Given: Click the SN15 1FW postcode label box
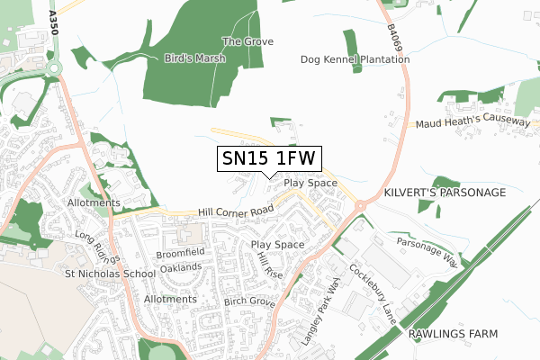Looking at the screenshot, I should point(269,158).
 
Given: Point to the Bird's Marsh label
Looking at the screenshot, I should point(194,58).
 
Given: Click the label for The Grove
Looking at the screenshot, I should point(241,41).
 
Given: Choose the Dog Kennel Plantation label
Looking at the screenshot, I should point(355,59).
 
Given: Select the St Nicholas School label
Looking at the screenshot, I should point(96,272).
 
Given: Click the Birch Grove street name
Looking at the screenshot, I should point(249,303).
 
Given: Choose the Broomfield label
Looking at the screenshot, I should point(182,252).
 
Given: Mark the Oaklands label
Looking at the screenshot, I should point(180,267).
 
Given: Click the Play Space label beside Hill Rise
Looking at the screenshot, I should point(277,245).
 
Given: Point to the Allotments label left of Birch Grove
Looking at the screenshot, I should point(170,299).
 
